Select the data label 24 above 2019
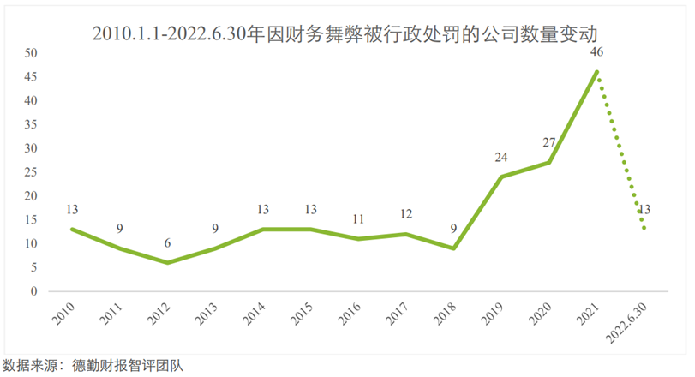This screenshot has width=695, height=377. pyautogui.click(x=501, y=158)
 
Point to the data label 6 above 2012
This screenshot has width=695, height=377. pyautogui.click(x=167, y=243)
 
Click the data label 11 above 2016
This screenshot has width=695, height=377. pyautogui.click(x=358, y=219)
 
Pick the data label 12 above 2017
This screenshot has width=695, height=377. pyautogui.click(x=406, y=214)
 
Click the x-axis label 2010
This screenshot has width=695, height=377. pyautogui.click(x=64, y=315)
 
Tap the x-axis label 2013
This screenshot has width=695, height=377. pyautogui.click(x=207, y=315)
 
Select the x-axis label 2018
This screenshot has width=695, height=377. pyautogui.click(x=446, y=315)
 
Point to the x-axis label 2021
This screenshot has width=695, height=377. pyautogui.click(x=589, y=315)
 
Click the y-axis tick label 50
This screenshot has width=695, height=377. pyautogui.click(x=32, y=52)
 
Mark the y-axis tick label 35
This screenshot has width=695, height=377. pyautogui.click(x=32, y=124)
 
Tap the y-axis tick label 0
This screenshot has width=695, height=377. pyautogui.click(x=35, y=291)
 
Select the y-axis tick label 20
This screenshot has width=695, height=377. pyautogui.click(x=32, y=196)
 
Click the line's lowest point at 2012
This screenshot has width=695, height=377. pyautogui.click(x=167, y=262)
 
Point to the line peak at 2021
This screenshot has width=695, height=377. pyautogui.click(x=596, y=71)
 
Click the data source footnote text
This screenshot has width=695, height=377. pyautogui.click(x=94, y=365)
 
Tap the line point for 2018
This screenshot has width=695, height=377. pyautogui.click(x=453, y=248)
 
